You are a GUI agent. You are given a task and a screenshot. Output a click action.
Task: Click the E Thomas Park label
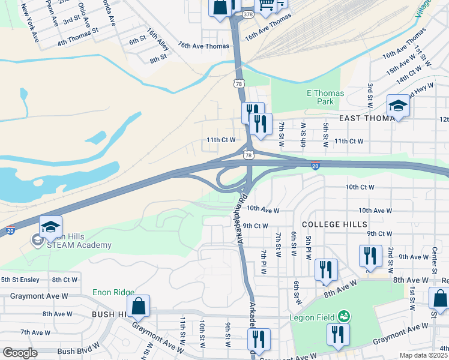(325, 97)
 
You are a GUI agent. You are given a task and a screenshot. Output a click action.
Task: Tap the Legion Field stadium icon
(343, 315)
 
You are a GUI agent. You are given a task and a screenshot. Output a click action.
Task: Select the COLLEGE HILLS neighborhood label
(334, 224)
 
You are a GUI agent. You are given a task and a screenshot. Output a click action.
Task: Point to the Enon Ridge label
(113, 293)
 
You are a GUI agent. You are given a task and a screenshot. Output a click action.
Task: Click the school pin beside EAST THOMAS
(397, 107)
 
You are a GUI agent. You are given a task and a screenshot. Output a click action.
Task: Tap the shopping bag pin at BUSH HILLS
(139, 307)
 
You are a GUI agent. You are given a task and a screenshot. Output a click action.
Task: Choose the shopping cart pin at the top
(266, 5)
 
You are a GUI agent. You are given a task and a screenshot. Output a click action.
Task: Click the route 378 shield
(248, 13)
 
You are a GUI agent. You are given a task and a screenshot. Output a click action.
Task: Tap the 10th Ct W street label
(360, 187)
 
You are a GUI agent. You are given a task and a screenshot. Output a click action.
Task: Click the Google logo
(20, 353)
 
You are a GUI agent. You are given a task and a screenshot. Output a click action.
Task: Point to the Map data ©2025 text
(424, 355)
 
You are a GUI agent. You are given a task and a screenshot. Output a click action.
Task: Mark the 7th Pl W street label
(263, 263)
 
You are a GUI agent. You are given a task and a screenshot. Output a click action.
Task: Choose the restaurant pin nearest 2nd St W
(370, 256)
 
